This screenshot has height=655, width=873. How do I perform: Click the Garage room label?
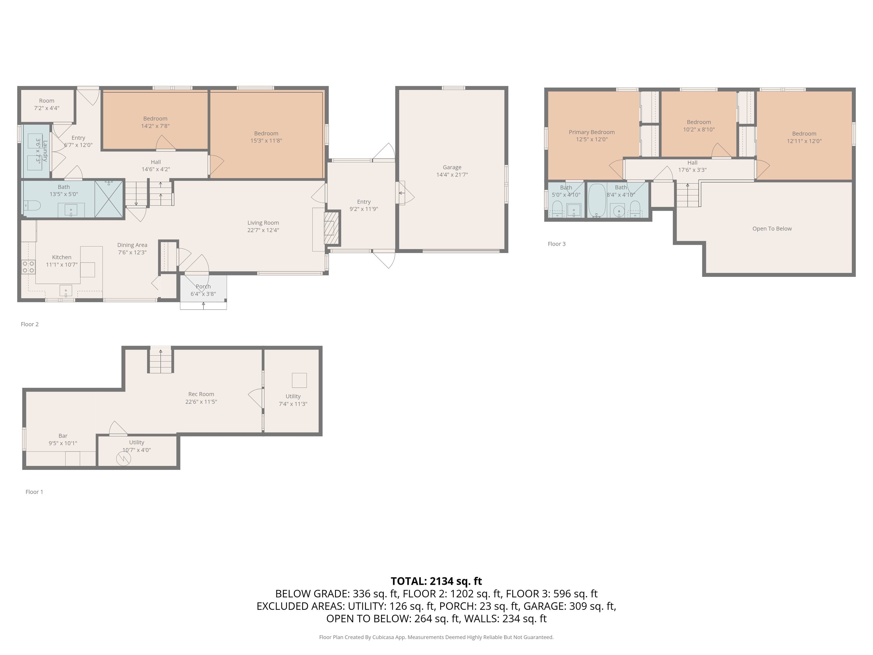coord(452,167)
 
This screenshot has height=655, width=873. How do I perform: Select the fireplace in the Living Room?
coord(331,228)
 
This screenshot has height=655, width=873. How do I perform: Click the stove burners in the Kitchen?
coord(28,267)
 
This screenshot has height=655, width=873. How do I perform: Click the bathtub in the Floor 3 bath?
coord(597,200)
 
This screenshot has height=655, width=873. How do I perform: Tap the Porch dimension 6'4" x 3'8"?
coord(203,294)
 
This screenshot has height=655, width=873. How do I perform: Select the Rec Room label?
coord(201,394)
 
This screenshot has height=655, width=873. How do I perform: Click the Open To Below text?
coord(772,229)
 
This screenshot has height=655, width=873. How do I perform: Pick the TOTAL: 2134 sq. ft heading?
coord(436,581)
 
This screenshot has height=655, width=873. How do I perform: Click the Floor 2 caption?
coord(30,324)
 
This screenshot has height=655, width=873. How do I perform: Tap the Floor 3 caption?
coord(556,244)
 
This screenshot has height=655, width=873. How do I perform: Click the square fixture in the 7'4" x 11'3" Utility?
coord(299,380)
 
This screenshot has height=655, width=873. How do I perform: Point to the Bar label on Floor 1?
coord(63,436)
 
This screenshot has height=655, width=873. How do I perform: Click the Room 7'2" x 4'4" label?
coord(47,101)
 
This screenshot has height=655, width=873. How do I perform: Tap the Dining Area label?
coord(132,245)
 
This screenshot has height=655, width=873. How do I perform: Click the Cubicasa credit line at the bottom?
coord(436,637)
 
